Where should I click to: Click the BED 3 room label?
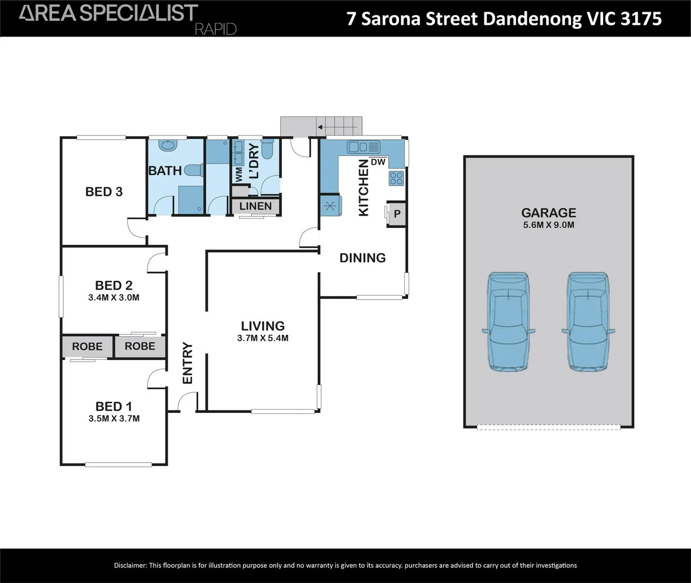pos(104,192)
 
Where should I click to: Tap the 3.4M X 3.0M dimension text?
pos(113,297)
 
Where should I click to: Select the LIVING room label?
pos(263,326)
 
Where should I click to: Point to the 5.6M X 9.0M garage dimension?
pos(548,225)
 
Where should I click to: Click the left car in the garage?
pos(509,322)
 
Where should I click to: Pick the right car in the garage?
pos(588,322)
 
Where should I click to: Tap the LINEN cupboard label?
pos(255,206)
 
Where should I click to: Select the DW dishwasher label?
pos(378,162)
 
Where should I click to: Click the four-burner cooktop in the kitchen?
pos(396,178)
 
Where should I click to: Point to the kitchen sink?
pos(364,147)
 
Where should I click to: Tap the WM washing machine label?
pos(239,174)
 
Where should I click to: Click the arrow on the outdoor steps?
pos(337,127)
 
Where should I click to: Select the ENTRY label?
pos(188,363)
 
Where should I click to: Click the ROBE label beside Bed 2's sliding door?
pos(140,346)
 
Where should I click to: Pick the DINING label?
pos(363,257)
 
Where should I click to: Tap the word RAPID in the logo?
pos(216,30)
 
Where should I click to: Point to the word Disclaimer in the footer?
pos(131,566)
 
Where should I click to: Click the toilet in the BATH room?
pos(194,171)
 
